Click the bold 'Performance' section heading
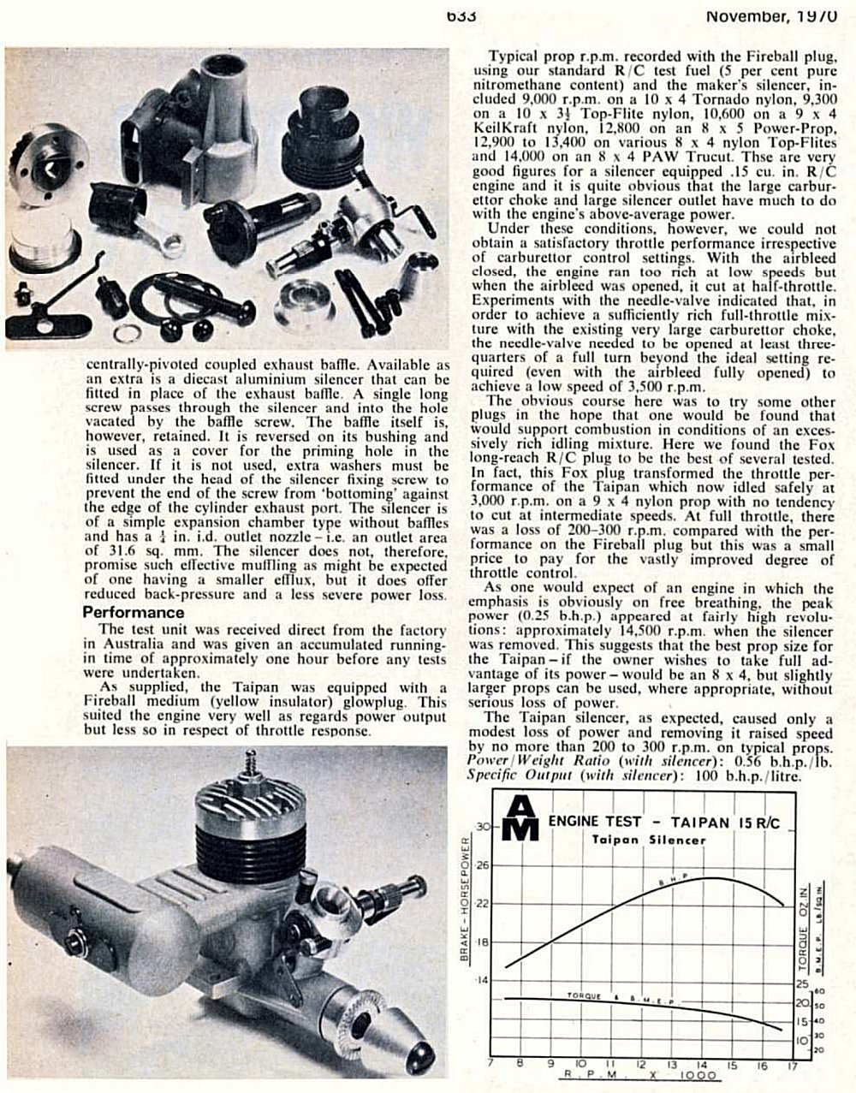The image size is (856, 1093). coord(133,613)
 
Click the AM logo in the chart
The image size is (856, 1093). coord(521,818)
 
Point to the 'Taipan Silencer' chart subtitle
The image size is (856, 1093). coord(649,840)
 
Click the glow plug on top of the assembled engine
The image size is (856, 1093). coord(252,769)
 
